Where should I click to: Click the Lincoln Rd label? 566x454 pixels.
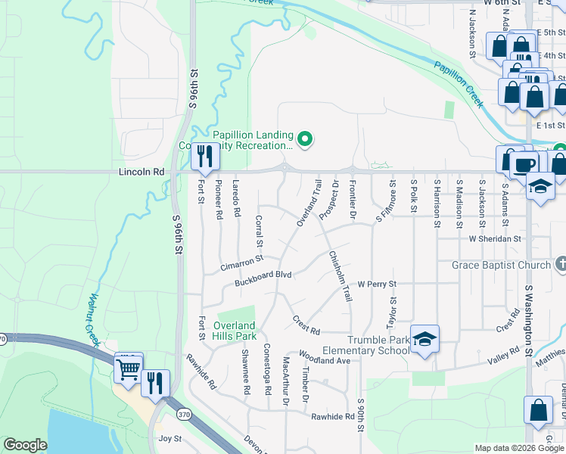tap(141, 172)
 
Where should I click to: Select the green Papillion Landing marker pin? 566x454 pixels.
tap(305, 138)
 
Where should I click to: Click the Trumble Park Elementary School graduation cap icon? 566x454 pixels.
tap(424, 341)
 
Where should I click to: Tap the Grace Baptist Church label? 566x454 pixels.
tap(500, 265)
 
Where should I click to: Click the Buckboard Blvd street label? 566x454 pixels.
tap(263, 278)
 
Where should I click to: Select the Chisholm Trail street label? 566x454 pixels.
tap(341, 276)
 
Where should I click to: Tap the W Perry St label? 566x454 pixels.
tap(377, 285)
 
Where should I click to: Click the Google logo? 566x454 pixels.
tap(24, 445)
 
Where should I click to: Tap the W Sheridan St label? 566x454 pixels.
tap(496, 238)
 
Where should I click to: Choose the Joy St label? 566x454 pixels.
tap(170, 438)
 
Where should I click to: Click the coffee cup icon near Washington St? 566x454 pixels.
tap(525, 163)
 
